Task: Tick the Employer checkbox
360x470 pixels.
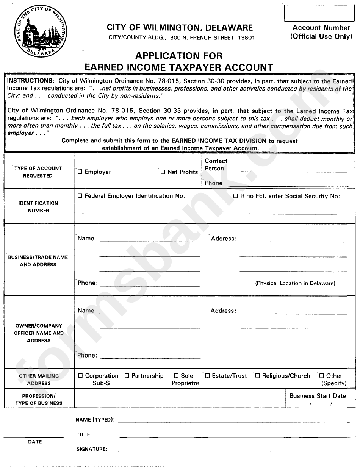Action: (80, 172)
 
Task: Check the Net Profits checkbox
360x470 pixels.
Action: (163, 172)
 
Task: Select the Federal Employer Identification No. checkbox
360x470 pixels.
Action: (80, 196)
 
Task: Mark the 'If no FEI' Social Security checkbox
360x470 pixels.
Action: (236, 196)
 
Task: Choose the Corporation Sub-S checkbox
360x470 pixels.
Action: (80, 376)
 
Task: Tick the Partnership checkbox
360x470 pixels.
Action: (127, 376)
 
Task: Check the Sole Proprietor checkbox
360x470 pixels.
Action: (176, 376)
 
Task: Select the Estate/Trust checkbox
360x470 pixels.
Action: (207, 376)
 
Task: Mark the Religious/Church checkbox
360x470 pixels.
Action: (258, 376)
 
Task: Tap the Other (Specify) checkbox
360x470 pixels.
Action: (322, 376)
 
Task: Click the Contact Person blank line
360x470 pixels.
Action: (288, 171)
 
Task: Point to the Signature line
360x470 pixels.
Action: (227, 451)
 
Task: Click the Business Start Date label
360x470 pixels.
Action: (318, 396)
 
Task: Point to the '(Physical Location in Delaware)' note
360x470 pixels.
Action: (295, 283)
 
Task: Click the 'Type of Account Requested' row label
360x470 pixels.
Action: (38, 172)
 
